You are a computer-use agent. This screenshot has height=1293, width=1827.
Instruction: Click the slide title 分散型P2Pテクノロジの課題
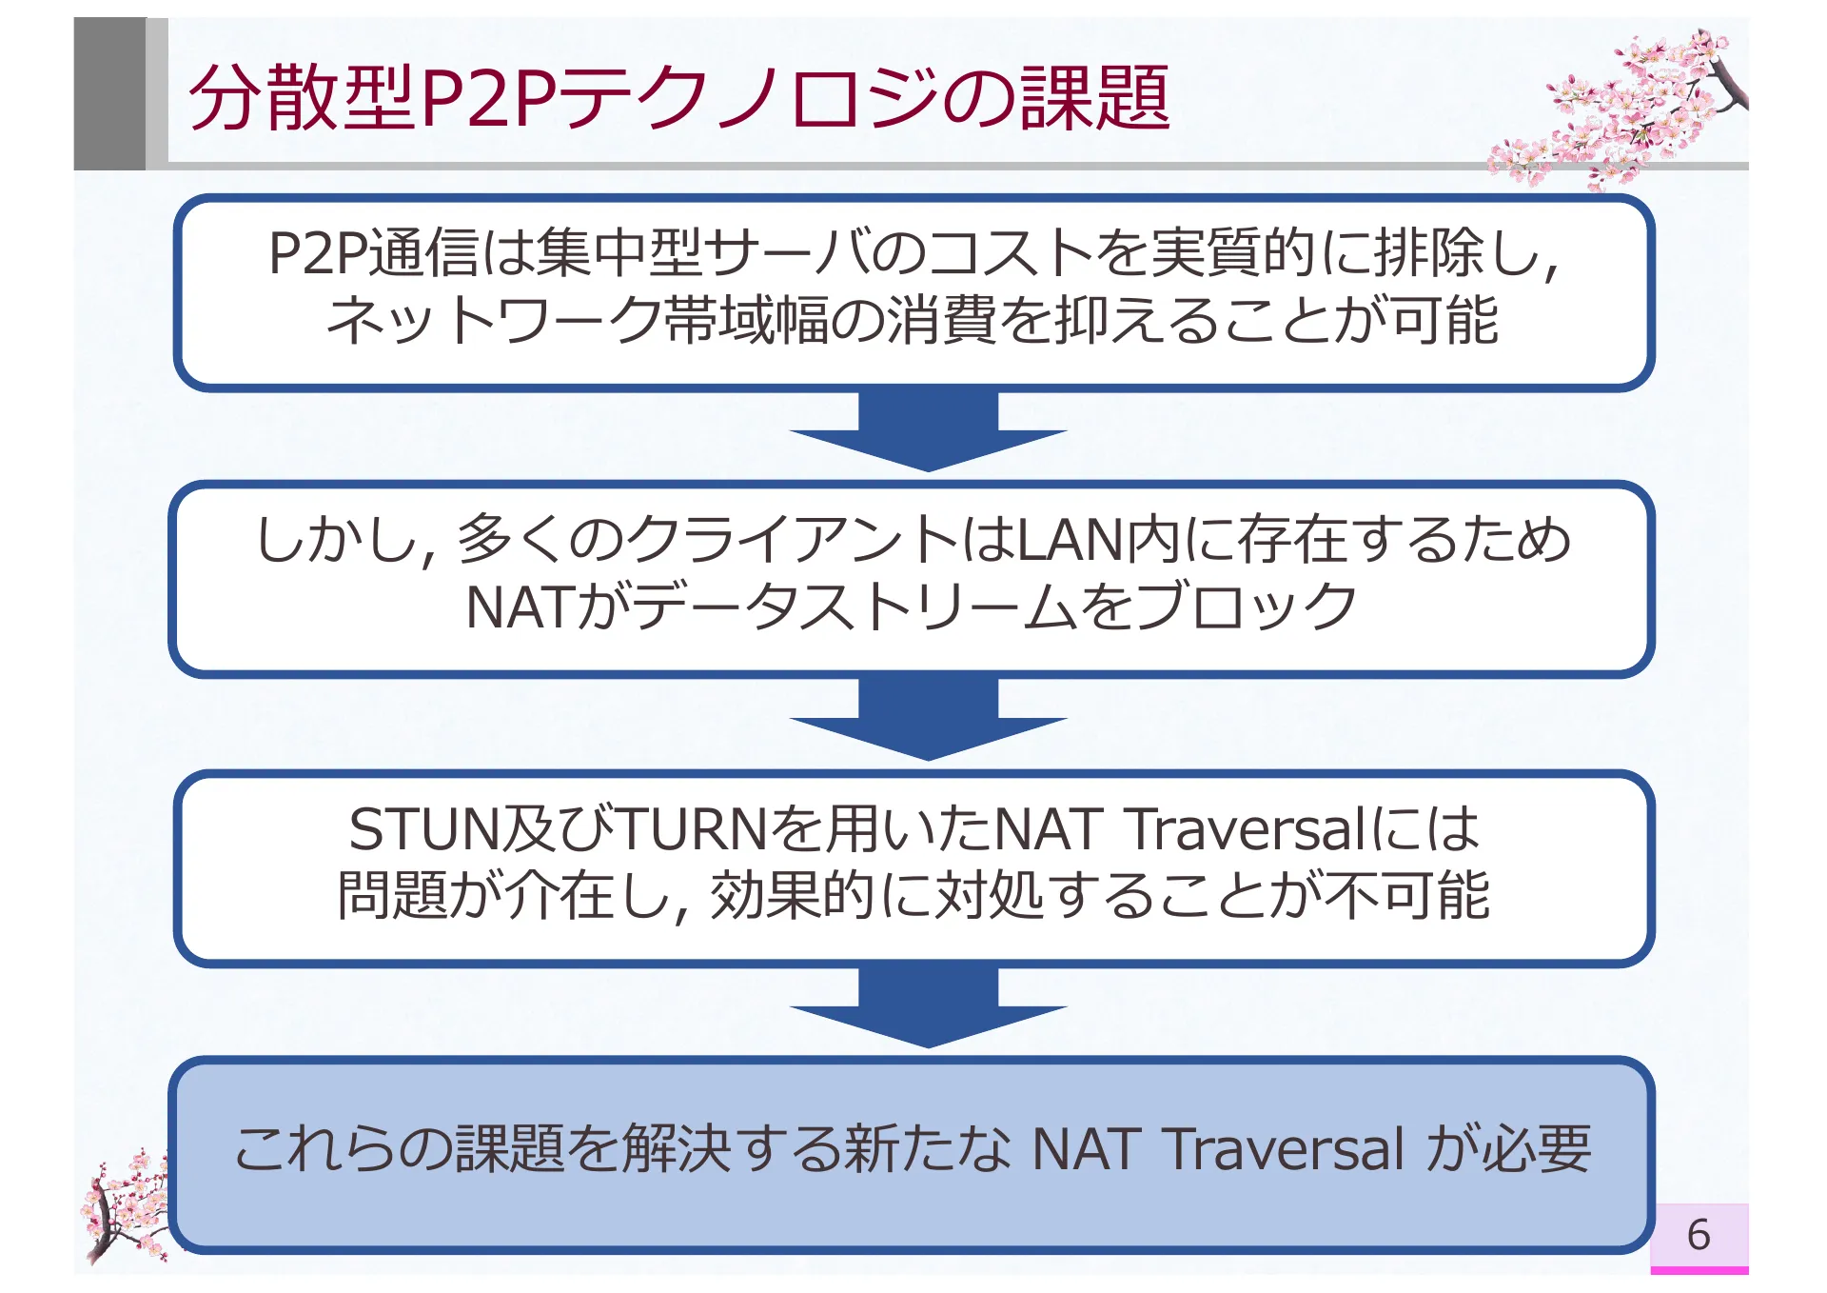tap(678, 97)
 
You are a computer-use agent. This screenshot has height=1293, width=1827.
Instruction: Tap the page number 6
tap(1699, 1235)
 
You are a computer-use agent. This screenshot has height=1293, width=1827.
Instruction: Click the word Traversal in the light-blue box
tap(1285, 1148)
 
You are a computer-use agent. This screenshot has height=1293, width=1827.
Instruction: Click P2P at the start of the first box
tap(317, 253)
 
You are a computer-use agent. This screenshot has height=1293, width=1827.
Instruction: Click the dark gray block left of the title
tap(109, 93)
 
